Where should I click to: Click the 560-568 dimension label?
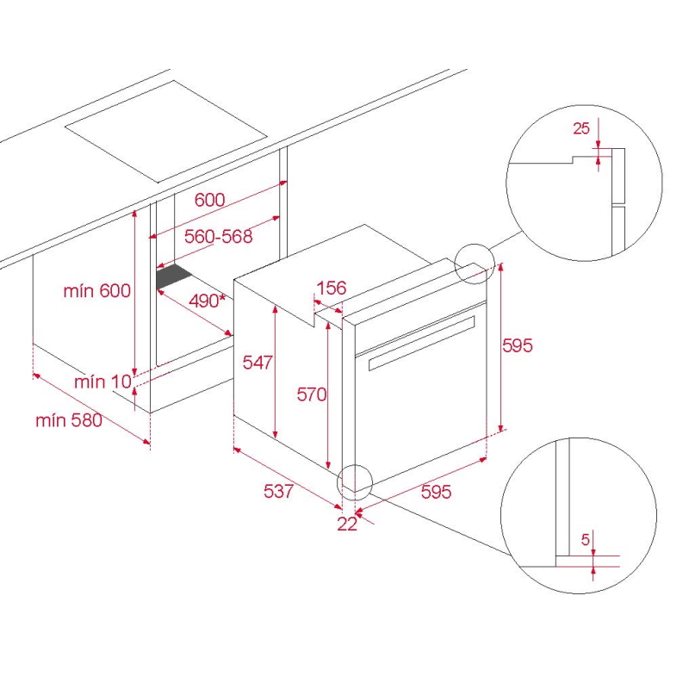click(219, 236)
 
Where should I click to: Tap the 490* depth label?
click(207, 301)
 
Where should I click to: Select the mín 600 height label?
click(97, 291)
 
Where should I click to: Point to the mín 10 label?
click(102, 382)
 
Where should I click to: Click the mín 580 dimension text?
click(69, 420)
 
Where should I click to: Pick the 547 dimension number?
click(258, 362)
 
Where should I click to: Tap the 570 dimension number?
click(312, 394)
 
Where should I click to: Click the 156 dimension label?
click(332, 288)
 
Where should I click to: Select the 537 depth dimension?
click(278, 491)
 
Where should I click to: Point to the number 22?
click(347, 524)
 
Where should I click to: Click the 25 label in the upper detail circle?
click(580, 128)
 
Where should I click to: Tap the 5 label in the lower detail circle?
click(585, 539)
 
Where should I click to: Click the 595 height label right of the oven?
click(518, 345)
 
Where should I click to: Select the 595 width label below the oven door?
click(436, 491)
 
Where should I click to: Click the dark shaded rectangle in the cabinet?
click(174, 276)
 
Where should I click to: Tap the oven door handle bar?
click(422, 343)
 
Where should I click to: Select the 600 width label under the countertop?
click(209, 200)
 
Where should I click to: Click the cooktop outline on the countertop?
click(166, 132)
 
